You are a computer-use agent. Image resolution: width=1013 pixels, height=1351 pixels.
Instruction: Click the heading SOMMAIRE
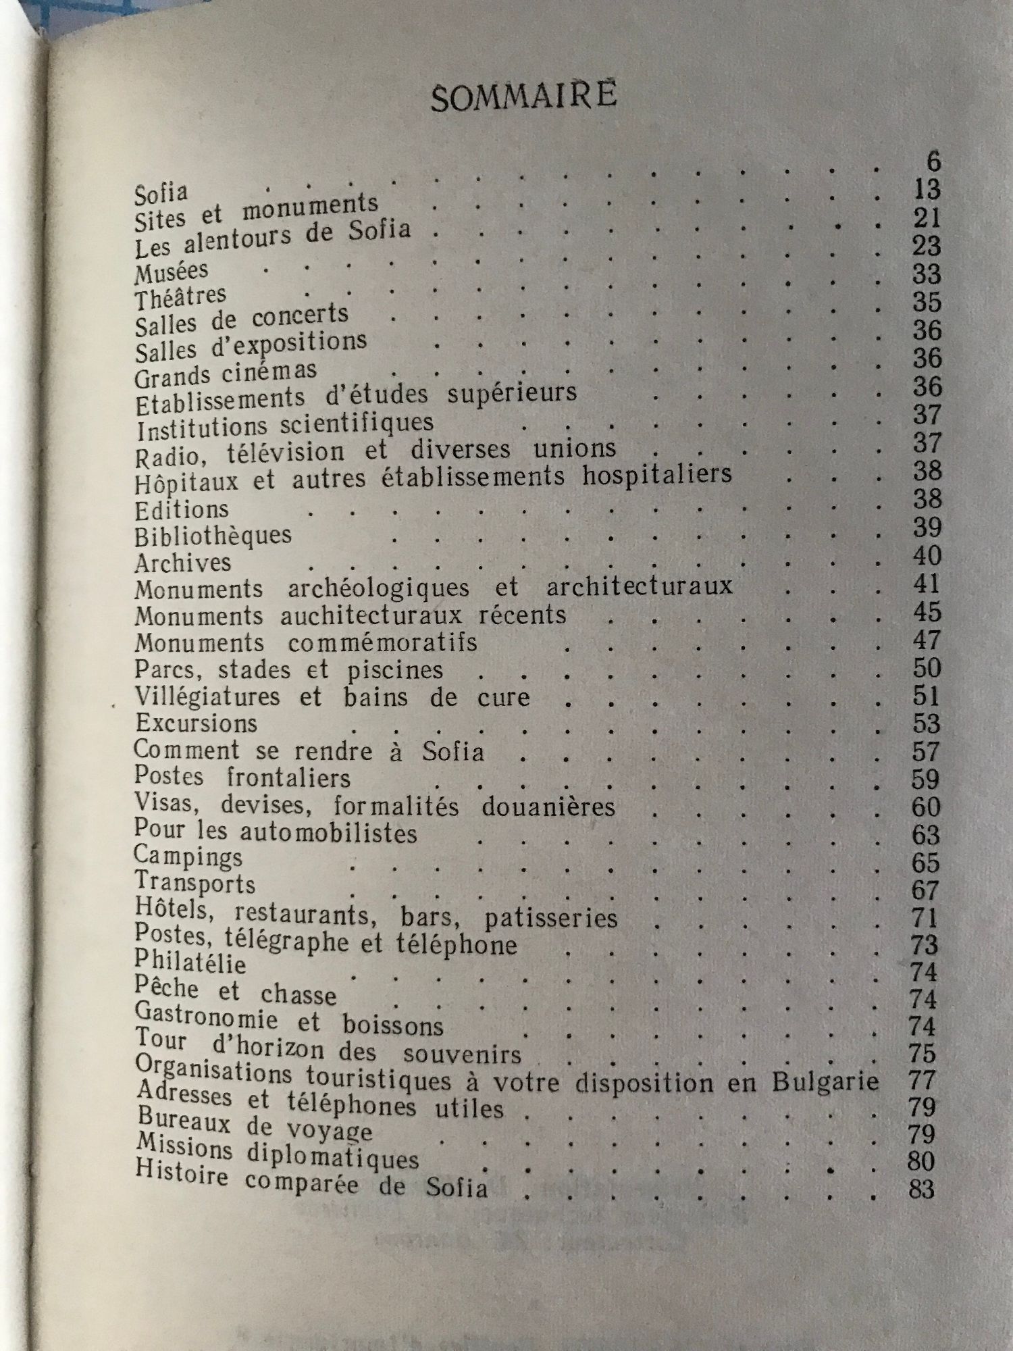tap(523, 96)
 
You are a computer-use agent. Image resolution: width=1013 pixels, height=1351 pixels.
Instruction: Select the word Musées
tap(172, 272)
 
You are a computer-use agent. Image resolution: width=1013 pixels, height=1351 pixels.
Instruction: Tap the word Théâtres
tap(180, 297)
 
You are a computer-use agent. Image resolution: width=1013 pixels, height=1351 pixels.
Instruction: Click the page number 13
tap(925, 190)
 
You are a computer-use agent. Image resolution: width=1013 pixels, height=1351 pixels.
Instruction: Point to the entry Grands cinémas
tap(226, 374)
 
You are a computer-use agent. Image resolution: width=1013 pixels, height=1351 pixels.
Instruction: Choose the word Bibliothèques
tap(213, 536)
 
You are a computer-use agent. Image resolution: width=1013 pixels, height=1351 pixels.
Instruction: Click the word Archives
tap(182, 563)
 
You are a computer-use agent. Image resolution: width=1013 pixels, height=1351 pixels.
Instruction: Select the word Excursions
tap(196, 723)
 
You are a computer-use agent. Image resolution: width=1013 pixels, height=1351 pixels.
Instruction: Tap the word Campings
tap(188, 857)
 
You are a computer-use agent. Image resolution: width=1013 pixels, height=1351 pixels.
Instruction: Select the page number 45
tap(926, 613)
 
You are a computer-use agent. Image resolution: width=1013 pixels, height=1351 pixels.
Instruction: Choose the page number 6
tap(933, 162)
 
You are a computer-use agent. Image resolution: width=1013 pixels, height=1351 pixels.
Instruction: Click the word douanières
tap(548, 807)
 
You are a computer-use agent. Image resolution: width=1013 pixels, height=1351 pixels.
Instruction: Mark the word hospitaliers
tap(657, 474)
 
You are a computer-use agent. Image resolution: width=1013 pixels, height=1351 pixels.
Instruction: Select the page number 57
tap(925, 752)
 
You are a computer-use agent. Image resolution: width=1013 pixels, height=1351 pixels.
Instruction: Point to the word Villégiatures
tap(207, 696)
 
